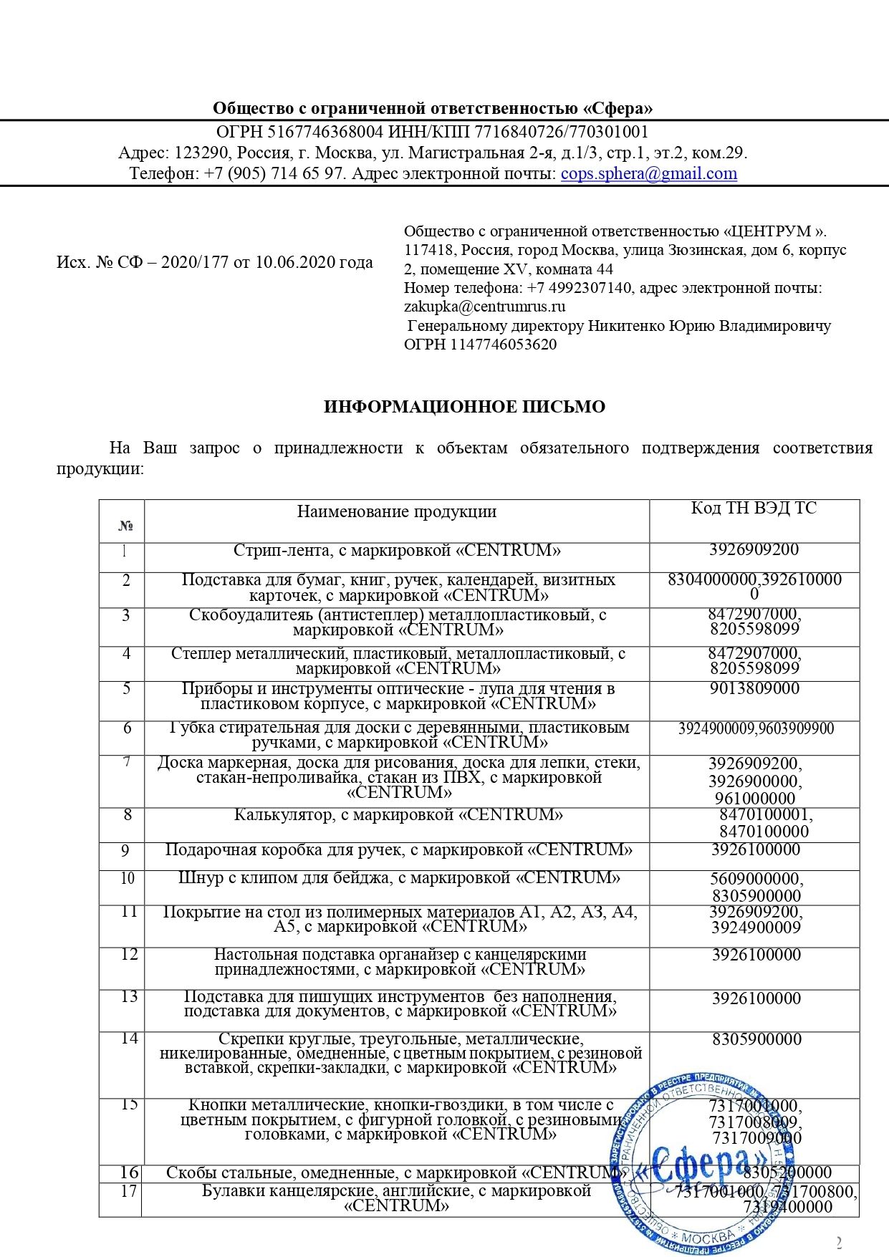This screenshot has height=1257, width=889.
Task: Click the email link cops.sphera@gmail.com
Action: (648, 173)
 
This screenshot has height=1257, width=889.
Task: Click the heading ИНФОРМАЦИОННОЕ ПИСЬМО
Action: (464, 407)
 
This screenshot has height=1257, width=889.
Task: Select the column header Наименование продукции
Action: (396, 511)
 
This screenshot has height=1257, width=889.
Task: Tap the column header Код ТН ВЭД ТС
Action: (754, 508)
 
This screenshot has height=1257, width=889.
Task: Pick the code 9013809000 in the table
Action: (754, 688)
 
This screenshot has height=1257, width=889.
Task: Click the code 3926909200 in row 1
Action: (754, 549)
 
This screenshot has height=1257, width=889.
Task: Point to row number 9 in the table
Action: (125, 851)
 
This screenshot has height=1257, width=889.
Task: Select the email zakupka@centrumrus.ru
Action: (484, 307)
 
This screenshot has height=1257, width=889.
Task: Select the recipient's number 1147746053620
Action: (503, 344)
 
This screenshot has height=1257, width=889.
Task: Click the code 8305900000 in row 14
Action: (756, 1039)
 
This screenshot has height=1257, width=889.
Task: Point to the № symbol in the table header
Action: (125, 526)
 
